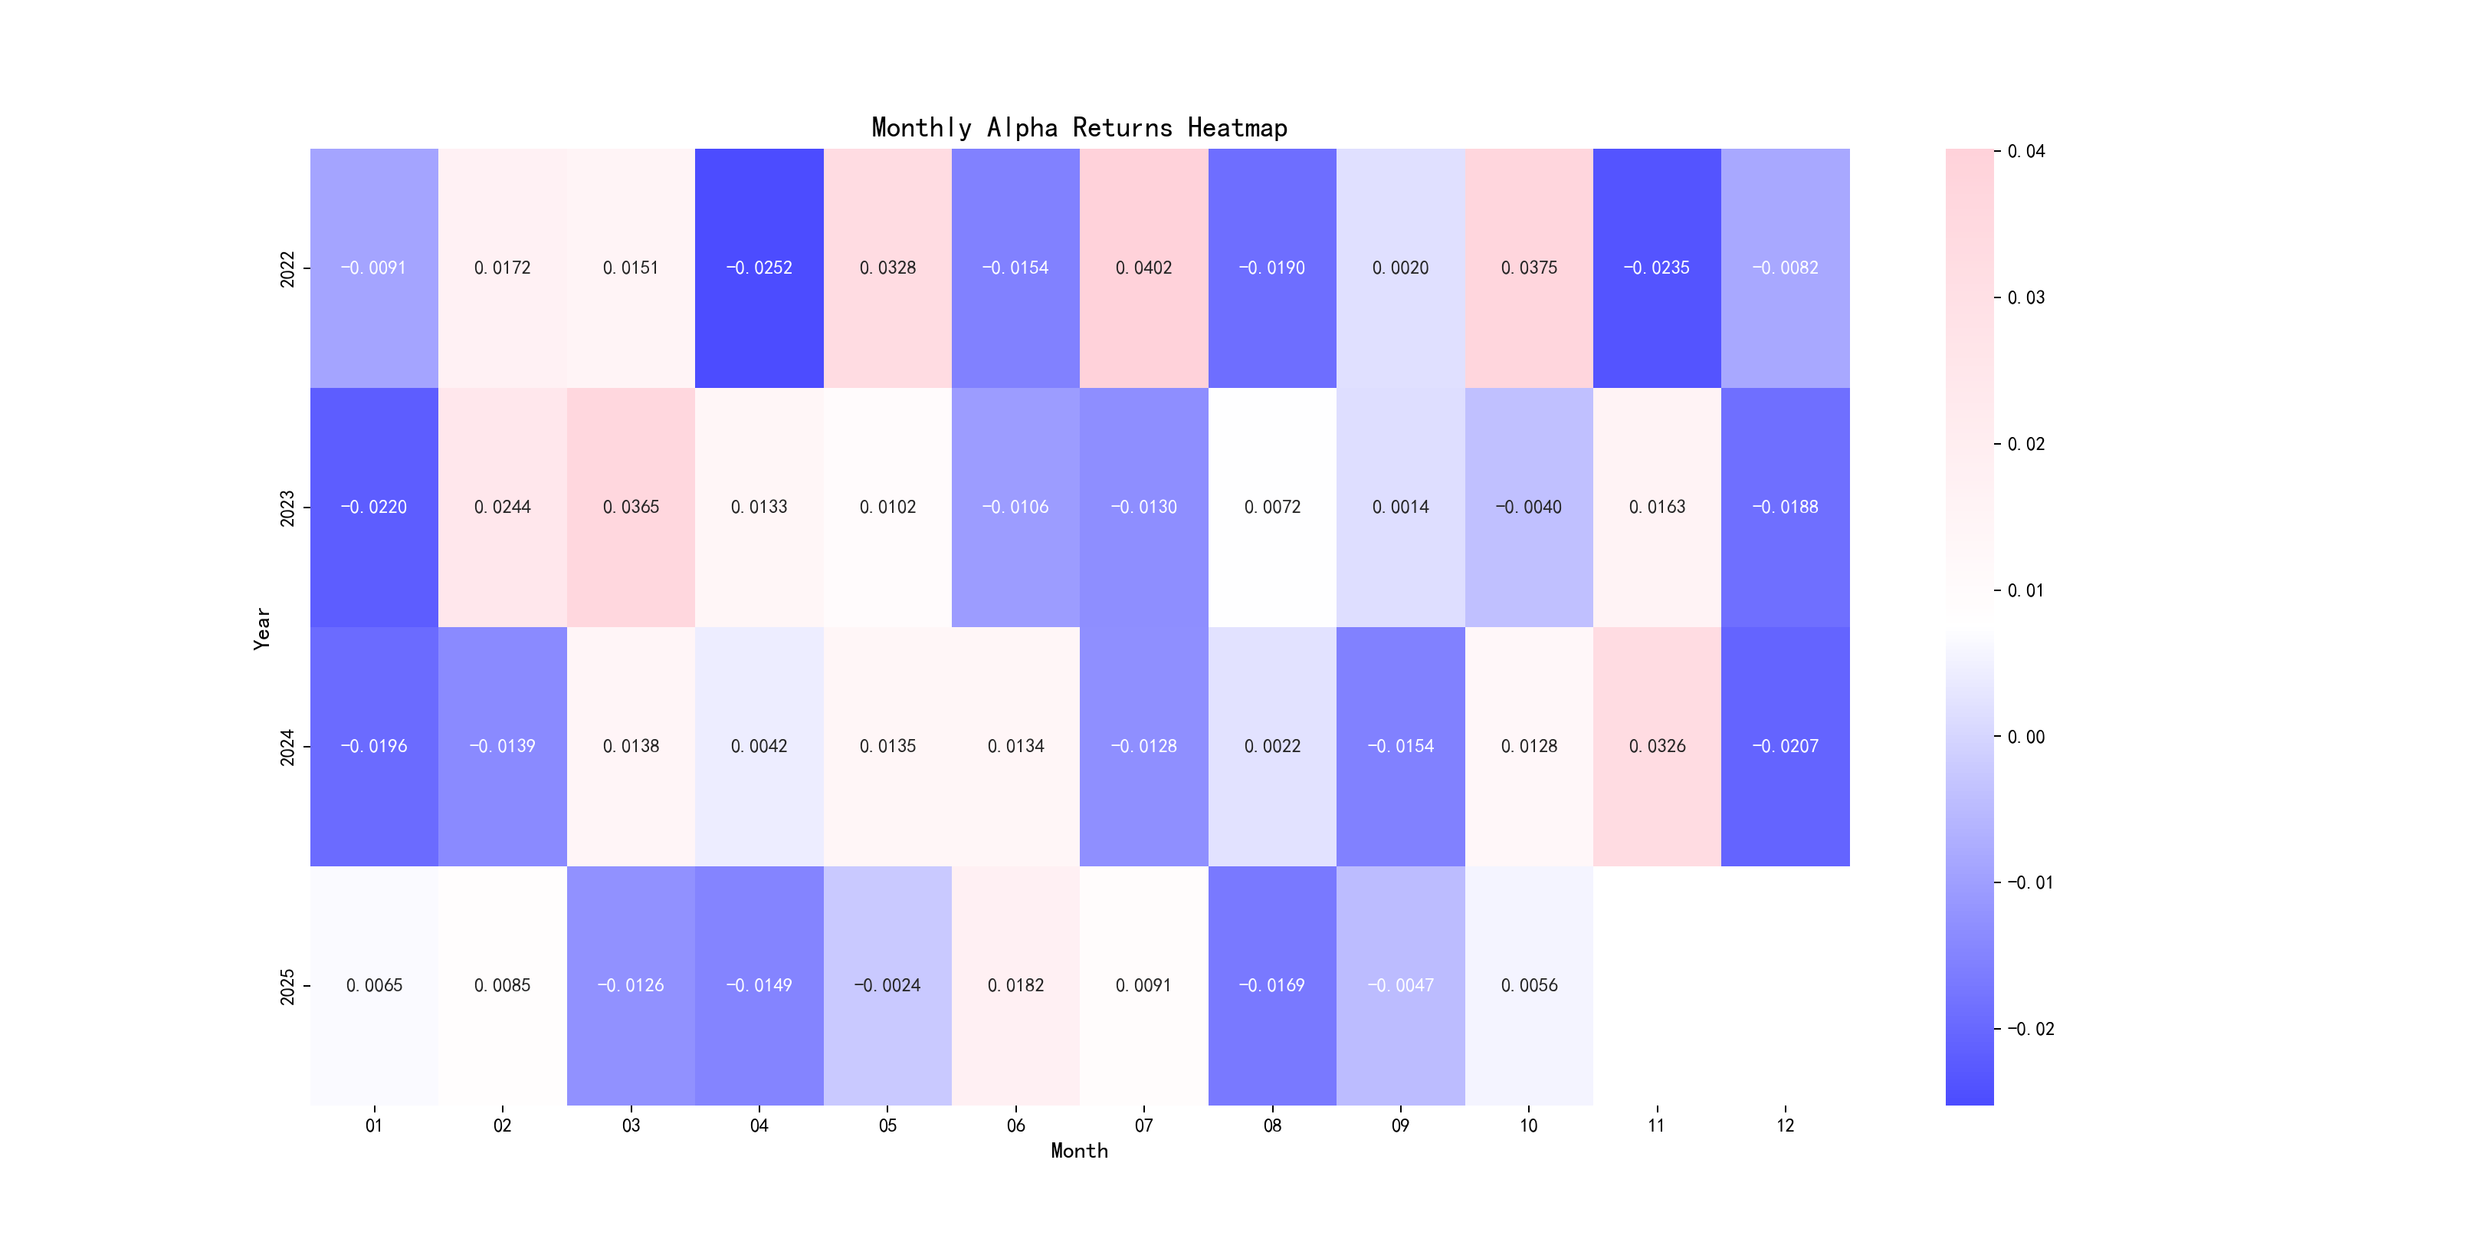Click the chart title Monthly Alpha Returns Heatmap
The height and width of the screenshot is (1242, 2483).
(1078, 127)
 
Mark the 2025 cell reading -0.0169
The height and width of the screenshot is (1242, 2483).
(1271, 985)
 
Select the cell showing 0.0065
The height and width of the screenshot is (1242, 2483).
(373, 985)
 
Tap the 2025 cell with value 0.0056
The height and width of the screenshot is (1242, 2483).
(1529, 985)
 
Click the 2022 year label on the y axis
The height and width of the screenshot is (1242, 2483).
(287, 268)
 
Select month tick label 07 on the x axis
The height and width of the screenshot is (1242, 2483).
(1143, 1125)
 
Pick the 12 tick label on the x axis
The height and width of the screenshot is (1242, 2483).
(1785, 1125)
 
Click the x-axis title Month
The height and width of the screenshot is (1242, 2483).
(1078, 1151)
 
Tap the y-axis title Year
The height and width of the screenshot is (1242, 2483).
(261, 628)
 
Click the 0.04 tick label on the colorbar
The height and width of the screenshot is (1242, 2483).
(2026, 151)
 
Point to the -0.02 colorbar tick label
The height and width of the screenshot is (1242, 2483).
(2030, 1029)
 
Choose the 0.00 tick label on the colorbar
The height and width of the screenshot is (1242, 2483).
(2026, 737)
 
